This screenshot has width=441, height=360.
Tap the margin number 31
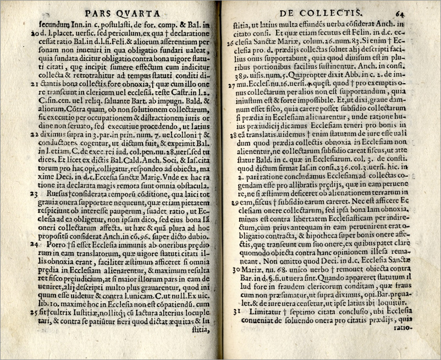(x=234, y=312)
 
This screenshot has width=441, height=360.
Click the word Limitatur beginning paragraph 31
(x=266, y=312)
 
